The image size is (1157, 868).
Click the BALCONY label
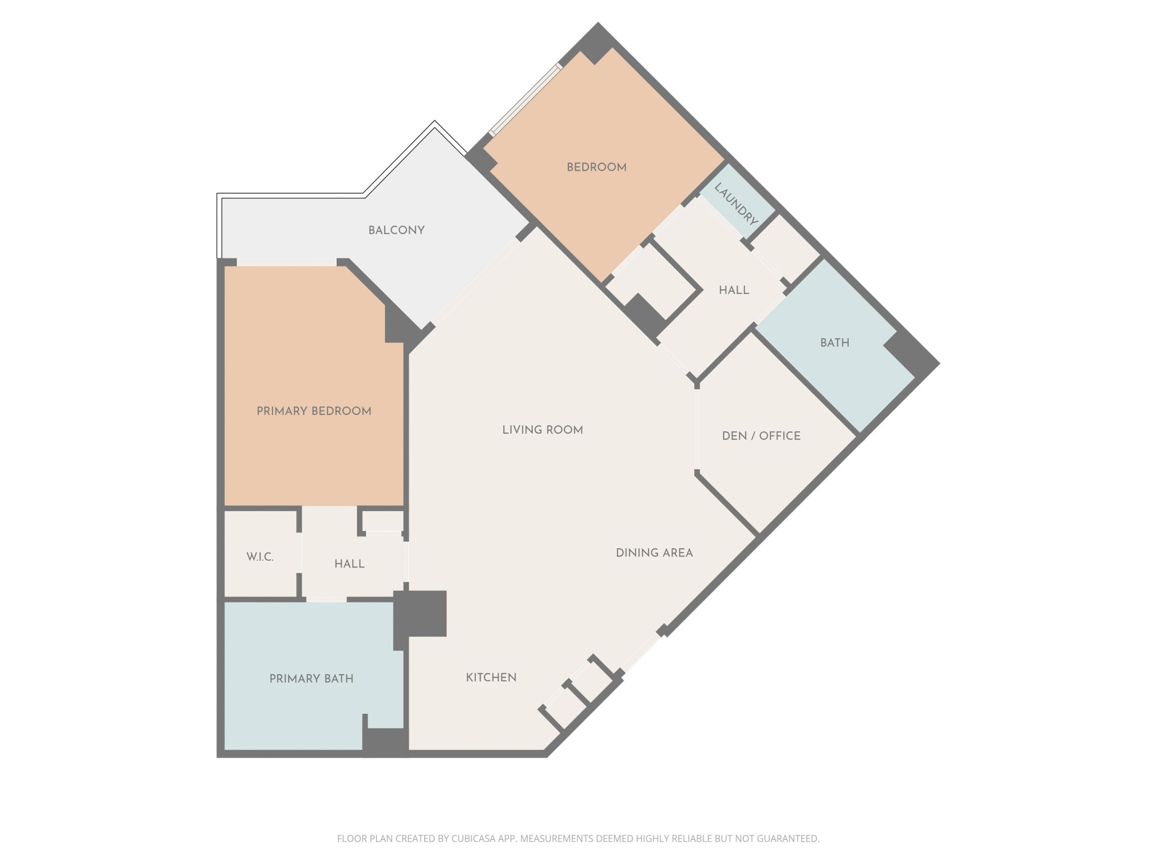pyautogui.click(x=396, y=230)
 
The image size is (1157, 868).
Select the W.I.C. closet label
pyautogui.click(x=260, y=557)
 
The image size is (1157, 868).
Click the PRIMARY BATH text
pyautogui.click(x=311, y=679)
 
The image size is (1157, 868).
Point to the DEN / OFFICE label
pyautogui.click(x=761, y=436)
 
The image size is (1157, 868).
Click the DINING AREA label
pyautogui.click(x=654, y=553)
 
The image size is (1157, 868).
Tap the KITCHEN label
pyautogui.click(x=491, y=678)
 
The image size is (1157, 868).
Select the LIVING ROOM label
pyautogui.click(x=542, y=430)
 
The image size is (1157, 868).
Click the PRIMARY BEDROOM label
pyautogui.click(x=314, y=411)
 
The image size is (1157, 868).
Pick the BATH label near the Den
pyautogui.click(x=834, y=343)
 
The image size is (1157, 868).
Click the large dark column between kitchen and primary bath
pyautogui.click(x=421, y=613)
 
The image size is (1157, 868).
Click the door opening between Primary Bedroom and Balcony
pyautogui.click(x=286, y=262)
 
